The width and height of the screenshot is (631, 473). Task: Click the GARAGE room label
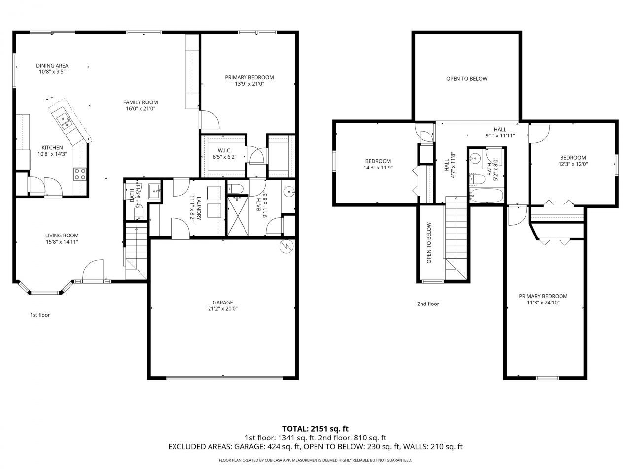pos(223,303)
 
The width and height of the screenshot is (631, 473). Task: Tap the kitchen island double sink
pos(65,121)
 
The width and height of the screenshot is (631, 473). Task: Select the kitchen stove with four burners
pos(80,173)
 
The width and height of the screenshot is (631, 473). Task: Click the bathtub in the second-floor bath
pos(486,196)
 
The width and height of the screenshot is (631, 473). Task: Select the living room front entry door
pos(93,271)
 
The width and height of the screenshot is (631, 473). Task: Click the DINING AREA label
pos(52,65)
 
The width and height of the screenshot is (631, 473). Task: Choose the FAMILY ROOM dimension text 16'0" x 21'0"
pos(140,109)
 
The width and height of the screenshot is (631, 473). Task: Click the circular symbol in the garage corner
pos(285,246)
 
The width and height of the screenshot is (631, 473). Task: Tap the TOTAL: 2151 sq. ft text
pos(315,429)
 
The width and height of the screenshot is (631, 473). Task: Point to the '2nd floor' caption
pos(427,304)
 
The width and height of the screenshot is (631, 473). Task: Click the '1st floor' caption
pos(40,315)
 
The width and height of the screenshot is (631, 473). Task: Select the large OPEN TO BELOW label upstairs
pos(466,79)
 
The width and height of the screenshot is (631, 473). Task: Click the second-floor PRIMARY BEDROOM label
pos(543,296)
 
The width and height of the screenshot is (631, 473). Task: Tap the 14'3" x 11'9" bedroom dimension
pos(378,168)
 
